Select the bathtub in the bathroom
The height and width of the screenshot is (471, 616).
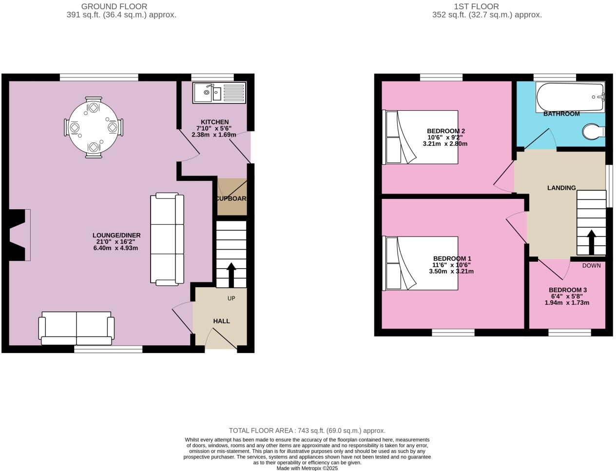point(570,97)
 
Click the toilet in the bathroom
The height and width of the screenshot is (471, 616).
point(593,131)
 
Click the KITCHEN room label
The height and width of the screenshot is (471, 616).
point(214,122)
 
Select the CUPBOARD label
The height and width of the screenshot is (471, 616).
point(232,199)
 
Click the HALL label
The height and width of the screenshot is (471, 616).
point(221,321)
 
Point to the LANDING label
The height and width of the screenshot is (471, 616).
point(561,188)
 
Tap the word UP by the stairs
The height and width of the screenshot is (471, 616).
point(231,298)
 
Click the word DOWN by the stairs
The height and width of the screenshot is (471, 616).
point(591,266)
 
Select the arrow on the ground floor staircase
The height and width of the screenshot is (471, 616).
point(231,275)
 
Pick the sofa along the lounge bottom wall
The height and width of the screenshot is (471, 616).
point(77,328)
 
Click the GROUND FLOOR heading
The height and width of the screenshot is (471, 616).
point(114,6)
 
